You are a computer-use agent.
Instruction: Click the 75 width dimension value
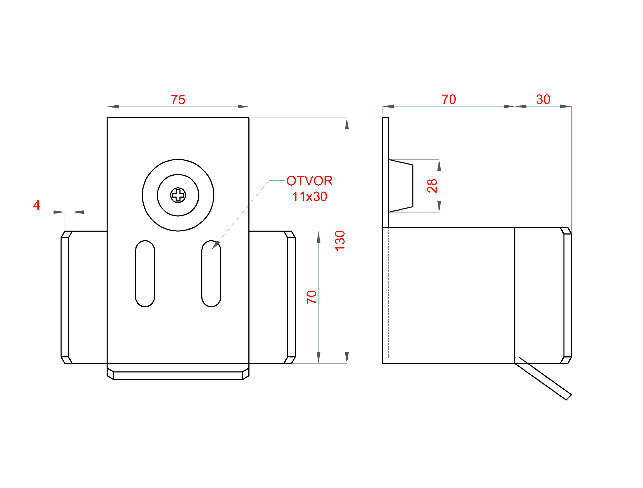tap(178, 100)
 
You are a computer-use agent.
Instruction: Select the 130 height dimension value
tap(340, 241)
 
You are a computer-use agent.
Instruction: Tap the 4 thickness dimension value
tap(37, 205)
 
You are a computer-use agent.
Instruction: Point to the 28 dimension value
tap(432, 186)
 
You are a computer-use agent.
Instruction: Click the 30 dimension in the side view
tap(543, 100)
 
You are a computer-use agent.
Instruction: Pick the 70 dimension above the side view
tap(449, 100)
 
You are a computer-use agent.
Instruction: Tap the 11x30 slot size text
tap(310, 197)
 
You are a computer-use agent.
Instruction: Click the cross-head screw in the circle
tap(178, 195)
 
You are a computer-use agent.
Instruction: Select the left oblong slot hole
tap(145, 274)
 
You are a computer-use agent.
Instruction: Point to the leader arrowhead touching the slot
tap(216, 245)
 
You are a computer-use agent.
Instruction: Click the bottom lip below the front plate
tap(178, 375)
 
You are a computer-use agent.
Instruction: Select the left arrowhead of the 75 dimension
tap(113, 107)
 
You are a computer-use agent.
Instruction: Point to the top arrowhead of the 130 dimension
tap(347, 124)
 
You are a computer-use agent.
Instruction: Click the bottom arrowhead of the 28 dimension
tap(439, 206)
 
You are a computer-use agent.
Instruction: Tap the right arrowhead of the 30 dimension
tap(565, 106)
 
